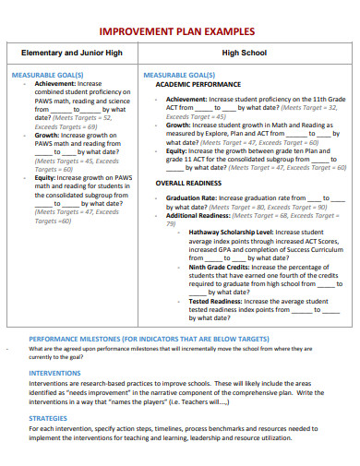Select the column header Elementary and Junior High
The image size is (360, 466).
pyautogui.click(x=72, y=54)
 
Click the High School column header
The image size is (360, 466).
pyautogui.click(x=244, y=54)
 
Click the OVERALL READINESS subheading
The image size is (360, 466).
pyautogui.click(x=187, y=184)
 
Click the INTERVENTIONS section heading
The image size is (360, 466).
pyautogui.click(x=54, y=373)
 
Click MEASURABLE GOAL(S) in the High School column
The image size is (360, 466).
pyautogui.click(x=179, y=74)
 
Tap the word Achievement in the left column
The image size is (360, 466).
pyautogui.click(x=54, y=83)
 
